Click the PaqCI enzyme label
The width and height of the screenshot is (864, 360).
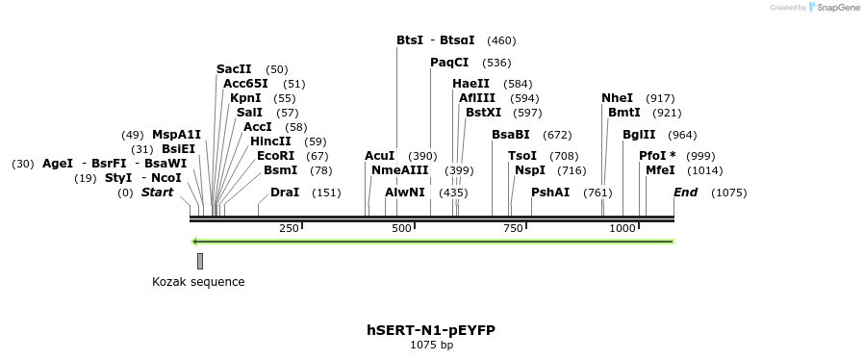pos(449,63)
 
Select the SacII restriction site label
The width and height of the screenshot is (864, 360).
pos(234,69)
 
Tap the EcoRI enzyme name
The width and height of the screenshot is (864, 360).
pos(275,156)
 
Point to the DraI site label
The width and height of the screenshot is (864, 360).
pos(285,193)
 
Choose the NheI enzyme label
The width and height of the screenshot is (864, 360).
pos(617,98)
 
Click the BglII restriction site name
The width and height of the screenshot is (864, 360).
pos(639,135)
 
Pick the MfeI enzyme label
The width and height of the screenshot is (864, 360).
pos(660,170)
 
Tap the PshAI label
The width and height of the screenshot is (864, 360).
pos(550,193)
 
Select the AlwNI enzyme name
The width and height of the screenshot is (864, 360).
pos(404,193)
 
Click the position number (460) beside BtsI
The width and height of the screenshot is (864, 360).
pos(501,40)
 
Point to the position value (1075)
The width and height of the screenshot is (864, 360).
pos(728,193)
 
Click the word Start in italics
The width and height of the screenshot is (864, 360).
pos(157,193)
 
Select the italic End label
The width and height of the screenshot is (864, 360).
pos(685,193)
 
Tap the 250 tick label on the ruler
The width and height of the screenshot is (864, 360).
pos(289,228)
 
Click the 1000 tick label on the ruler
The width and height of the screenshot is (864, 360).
pos(623,228)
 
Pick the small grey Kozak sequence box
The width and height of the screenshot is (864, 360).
pos(200,261)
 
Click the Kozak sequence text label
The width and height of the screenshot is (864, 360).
pos(198,282)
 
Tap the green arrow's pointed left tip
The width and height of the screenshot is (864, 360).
pos(193,242)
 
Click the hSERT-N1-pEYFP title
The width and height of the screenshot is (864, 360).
pos(431,330)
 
